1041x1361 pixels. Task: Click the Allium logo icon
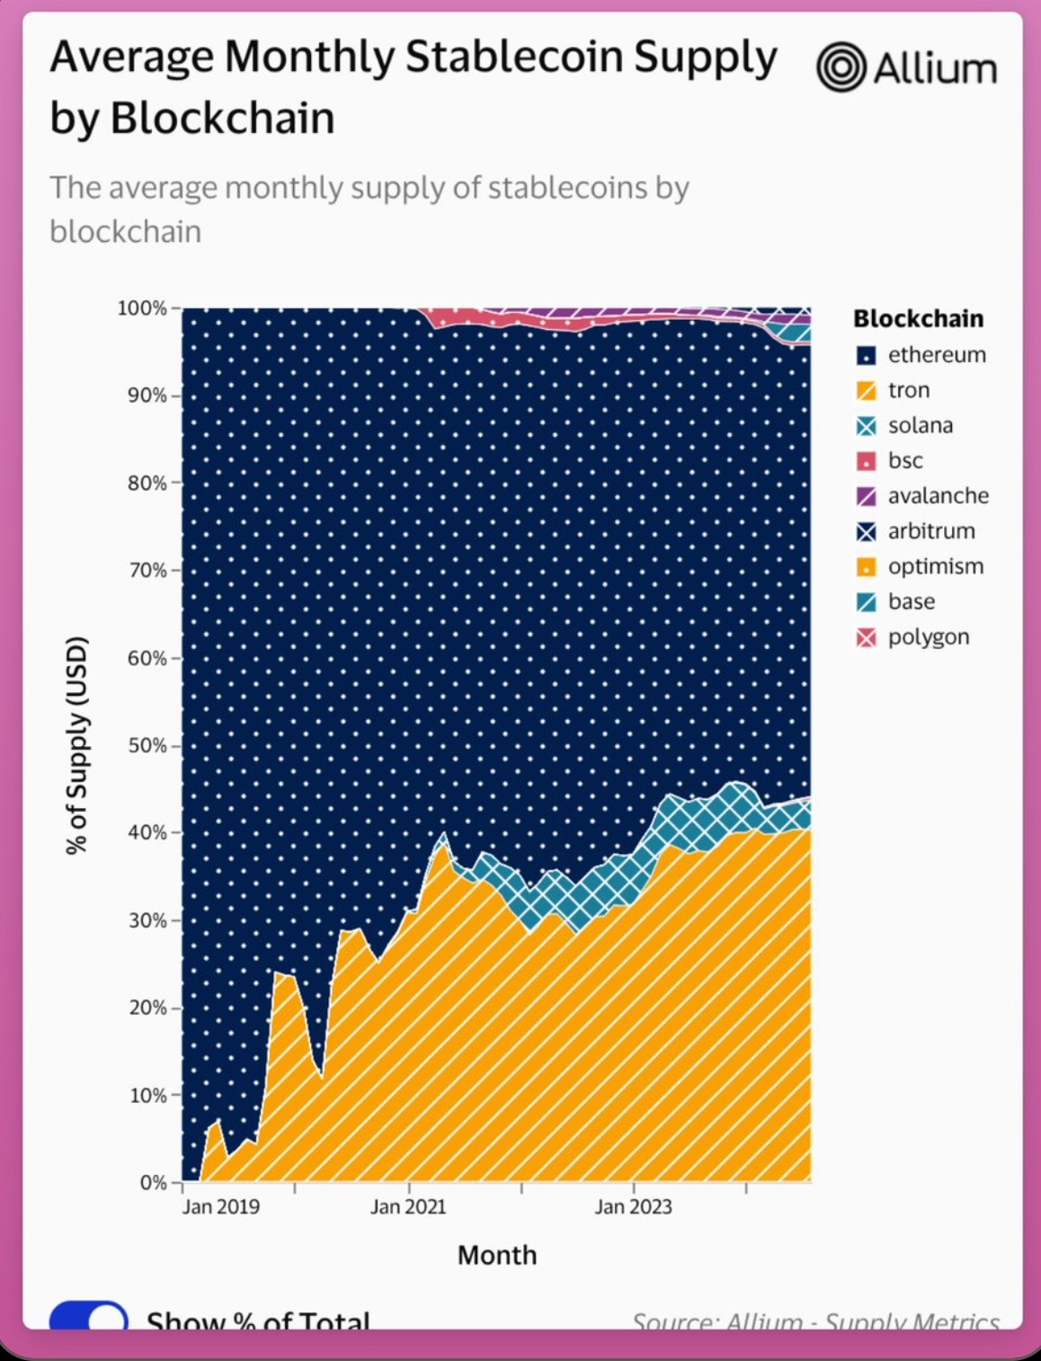[x=841, y=67]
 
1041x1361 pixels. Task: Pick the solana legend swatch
[x=867, y=426]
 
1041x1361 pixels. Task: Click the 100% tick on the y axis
[x=142, y=308]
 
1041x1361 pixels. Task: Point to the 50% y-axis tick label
[x=147, y=745]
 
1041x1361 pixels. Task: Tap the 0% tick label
[x=153, y=1182]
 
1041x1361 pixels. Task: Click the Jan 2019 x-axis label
[x=221, y=1206]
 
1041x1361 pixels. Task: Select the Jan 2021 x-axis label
[x=408, y=1206]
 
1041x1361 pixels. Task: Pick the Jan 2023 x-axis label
[x=633, y=1206]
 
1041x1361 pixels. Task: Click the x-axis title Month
[x=496, y=1255]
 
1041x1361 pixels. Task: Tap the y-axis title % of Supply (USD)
[x=77, y=745]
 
